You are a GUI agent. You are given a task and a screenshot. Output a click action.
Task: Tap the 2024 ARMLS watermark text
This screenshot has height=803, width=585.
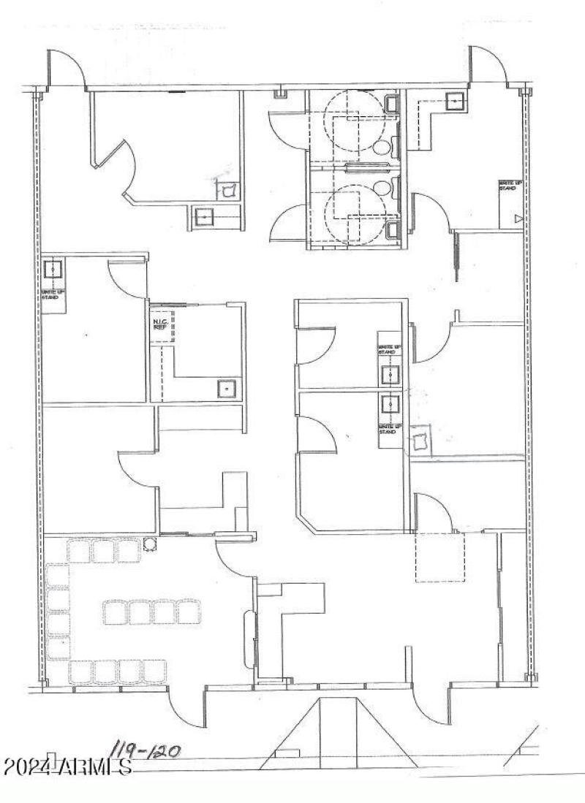pyautogui.click(x=67, y=768)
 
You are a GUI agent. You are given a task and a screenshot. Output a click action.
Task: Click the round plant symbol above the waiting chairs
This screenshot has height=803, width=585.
pyautogui.click(x=150, y=544)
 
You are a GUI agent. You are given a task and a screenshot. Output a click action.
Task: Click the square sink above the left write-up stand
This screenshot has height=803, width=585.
pyautogui.click(x=53, y=269)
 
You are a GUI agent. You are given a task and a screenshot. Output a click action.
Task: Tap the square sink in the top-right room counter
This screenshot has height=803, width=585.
pyautogui.click(x=456, y=102)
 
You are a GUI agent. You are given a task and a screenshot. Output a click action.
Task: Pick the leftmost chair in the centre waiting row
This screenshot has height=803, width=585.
pyautogui.click(x=115, y=612)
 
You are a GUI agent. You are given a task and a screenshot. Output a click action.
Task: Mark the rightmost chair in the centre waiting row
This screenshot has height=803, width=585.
pyautogui.click(x=189, y=612)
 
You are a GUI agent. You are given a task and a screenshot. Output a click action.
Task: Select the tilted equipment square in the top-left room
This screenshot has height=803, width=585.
pyautogui.click(x=227, y=190)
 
